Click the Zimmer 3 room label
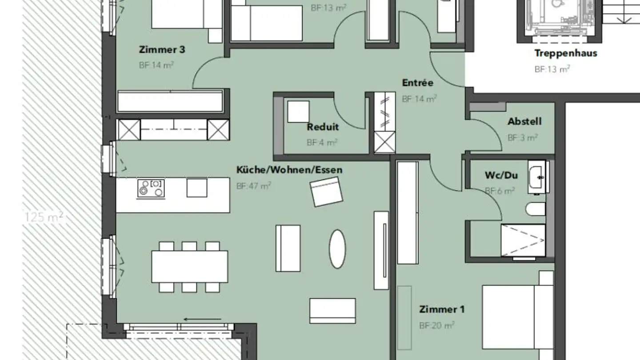(162, 49)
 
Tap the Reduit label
(323, 127)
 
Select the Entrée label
(418, 83)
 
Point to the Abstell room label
(524, 121)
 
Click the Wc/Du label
(501, 175)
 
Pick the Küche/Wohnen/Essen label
(289, 170)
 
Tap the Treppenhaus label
(566, 53)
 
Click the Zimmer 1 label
(442, 309)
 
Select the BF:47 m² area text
(253, 186)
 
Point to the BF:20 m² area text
(436, 325)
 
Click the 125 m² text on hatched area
(44, 217)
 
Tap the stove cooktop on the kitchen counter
(151, 188)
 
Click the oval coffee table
(337, 249)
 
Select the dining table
(190, 267)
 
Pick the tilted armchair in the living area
(326, 192)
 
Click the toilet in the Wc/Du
(536, 209)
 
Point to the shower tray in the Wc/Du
(523, 240)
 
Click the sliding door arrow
(203, 319)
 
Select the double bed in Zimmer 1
(518, 317)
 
